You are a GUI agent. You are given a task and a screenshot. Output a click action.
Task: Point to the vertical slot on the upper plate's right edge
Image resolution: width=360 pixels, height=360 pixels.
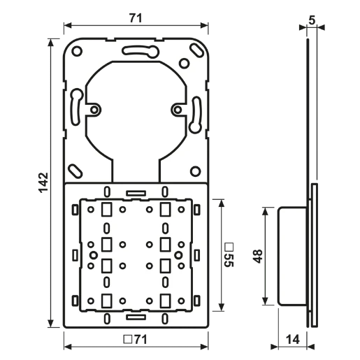(196, 109)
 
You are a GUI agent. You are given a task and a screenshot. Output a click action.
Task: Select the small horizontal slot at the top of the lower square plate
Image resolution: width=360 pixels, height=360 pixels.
(136, 191)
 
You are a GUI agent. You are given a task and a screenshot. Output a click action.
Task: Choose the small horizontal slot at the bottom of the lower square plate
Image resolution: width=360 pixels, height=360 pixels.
(136, 317)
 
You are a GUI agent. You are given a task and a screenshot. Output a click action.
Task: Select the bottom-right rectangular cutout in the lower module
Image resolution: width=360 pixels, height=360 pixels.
(164, 300)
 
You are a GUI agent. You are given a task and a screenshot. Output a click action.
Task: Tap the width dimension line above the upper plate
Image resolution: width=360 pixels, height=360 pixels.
(136, 29)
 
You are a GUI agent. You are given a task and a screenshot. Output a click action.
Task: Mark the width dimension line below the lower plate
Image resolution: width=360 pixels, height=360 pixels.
(136, 343)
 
